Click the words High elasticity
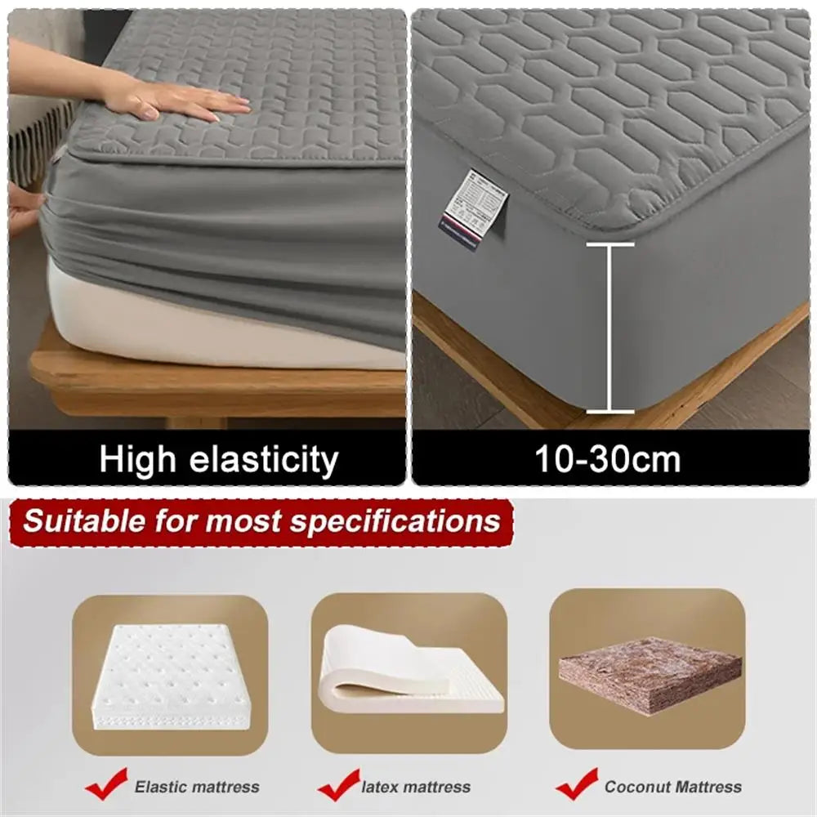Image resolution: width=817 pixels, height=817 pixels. click(218, 460)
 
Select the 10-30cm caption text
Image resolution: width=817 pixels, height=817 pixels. click(608, 460)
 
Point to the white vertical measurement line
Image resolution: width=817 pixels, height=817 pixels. click(609, 327)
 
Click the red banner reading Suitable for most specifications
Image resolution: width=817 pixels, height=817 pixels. click(261, 521)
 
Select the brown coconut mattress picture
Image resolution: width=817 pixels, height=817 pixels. click(650, 673)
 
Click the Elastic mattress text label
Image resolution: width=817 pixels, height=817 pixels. click(197, 788)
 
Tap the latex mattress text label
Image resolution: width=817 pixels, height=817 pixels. click(416, 788)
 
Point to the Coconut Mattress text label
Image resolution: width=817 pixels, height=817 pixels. click(673, 788)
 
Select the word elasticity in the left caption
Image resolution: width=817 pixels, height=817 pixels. click(263, 460)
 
